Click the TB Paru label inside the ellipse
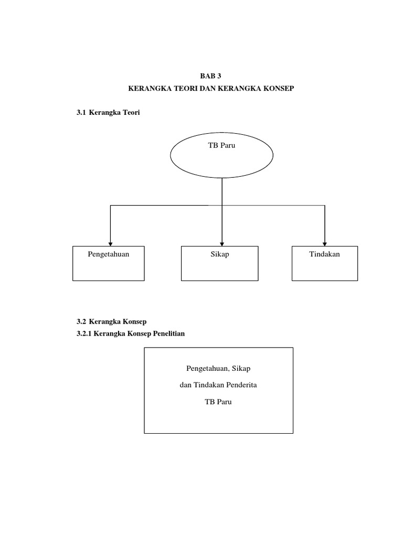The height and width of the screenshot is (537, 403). pyautogui.click(x=221, y=145)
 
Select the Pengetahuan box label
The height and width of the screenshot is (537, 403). pyautogui.click(x=109, y=254)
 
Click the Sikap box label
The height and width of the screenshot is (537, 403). pyautogui.click(x=220, y=254)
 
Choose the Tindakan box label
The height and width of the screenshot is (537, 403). pyautogui.click(x=325, y=254)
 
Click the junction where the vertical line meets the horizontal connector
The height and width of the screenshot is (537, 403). pyautogui.click(x=222, y=205)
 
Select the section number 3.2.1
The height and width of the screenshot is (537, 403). pyautogui.click(x=84, y=334)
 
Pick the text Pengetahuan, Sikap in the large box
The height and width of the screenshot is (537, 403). pyautogui.click(x=218, y=369)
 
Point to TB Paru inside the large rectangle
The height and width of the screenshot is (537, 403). pyautogui.click(x=218, y=402)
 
